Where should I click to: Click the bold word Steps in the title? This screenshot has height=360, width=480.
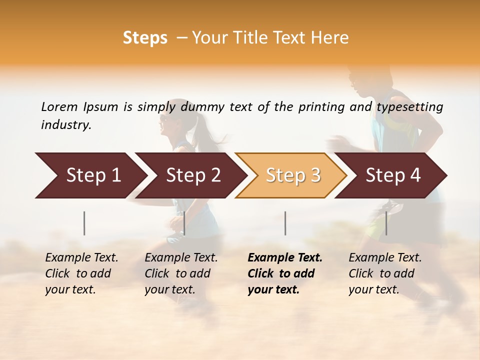point(145,38)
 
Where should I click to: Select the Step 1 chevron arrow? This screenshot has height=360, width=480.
point(90,175)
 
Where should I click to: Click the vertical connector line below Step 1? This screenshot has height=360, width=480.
point(84,223)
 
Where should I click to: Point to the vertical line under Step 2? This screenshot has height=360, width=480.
point(184,223)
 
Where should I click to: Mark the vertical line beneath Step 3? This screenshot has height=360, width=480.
point(285,223)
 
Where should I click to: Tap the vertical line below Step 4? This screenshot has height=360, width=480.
point(386,223)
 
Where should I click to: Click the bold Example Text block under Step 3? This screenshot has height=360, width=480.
point(285,273)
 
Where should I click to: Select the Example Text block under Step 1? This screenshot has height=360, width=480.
point(81,273)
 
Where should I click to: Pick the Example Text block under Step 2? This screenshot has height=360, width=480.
point(181,273)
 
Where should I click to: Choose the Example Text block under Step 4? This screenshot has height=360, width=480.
point(385,273)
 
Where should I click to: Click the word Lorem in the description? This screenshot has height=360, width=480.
point(59,106)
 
